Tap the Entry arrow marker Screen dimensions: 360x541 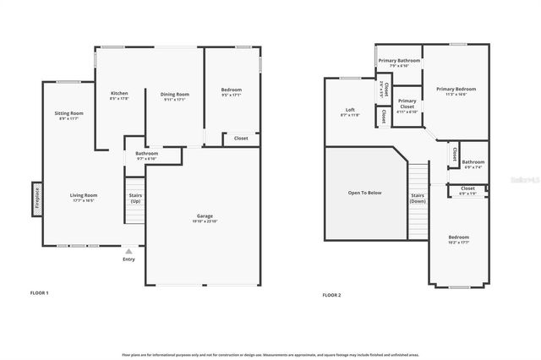point(128,251)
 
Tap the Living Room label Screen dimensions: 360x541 point(83,198)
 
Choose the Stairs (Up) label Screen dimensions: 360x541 point(135,198)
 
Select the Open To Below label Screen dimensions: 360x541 point(364,193)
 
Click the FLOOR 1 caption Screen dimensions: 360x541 point(40,292)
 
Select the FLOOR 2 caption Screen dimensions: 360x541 point(331,295)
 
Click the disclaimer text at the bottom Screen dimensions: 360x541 point(270,354)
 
